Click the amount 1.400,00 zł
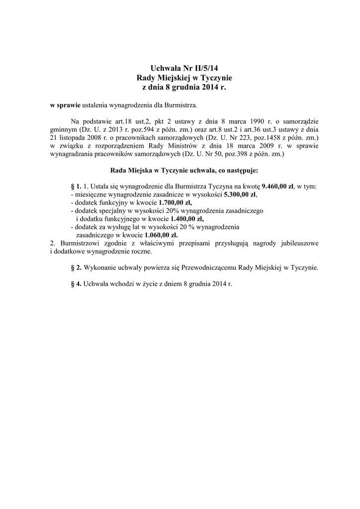tap(187, 218)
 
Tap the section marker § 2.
tap(77, 267)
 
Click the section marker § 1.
tap(77, 186)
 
